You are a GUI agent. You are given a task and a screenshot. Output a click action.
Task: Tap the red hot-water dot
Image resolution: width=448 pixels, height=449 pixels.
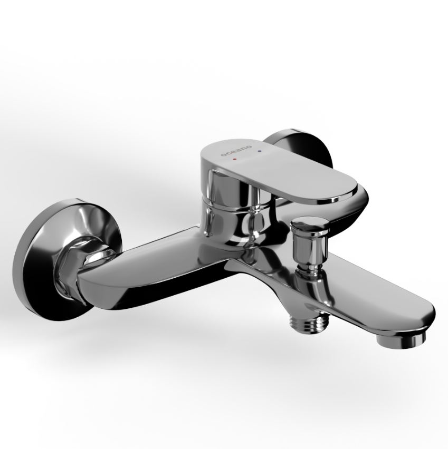click(235, 158)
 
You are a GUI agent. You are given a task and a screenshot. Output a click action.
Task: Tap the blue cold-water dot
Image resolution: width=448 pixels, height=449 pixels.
click(260, 150)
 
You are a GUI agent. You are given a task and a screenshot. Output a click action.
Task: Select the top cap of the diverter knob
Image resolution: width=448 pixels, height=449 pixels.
click(309, 222)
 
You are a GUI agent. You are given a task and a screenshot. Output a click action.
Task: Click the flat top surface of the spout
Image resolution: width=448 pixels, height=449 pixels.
click(358, 289)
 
